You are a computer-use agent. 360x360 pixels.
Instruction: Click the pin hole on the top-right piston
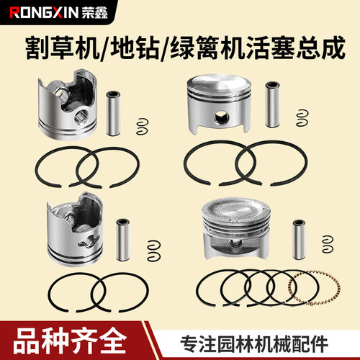(221, 117)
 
